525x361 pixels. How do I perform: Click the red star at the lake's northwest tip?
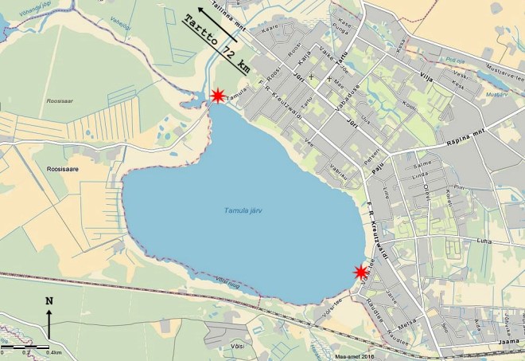[x=216, y=96]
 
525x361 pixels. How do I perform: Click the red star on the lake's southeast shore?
[x=361, y=272]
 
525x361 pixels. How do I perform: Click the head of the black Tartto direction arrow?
[x=201, y=10]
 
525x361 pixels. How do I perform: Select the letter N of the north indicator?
[x=49, y=300]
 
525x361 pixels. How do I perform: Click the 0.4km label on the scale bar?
[x=54, y=351]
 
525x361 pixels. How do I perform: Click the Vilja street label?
[x=426, y=77]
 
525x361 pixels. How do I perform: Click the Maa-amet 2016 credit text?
[x=353, y=356]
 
